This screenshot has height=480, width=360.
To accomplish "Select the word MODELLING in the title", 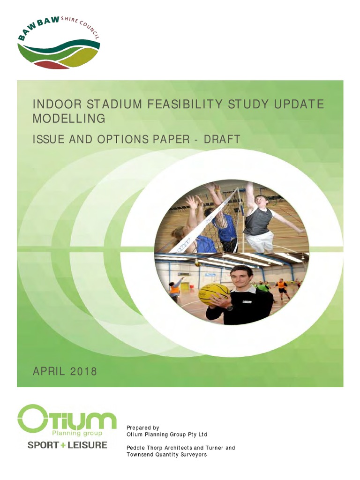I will click(x=68, y=119).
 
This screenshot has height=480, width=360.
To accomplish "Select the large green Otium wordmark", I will click(x=67, y=419).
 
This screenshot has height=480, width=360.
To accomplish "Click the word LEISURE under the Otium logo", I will click(x=88, y=445).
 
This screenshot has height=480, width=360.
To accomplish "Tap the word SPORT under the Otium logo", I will click(x=43, y=445).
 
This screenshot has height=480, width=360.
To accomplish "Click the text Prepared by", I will click(x=143, y=427).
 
